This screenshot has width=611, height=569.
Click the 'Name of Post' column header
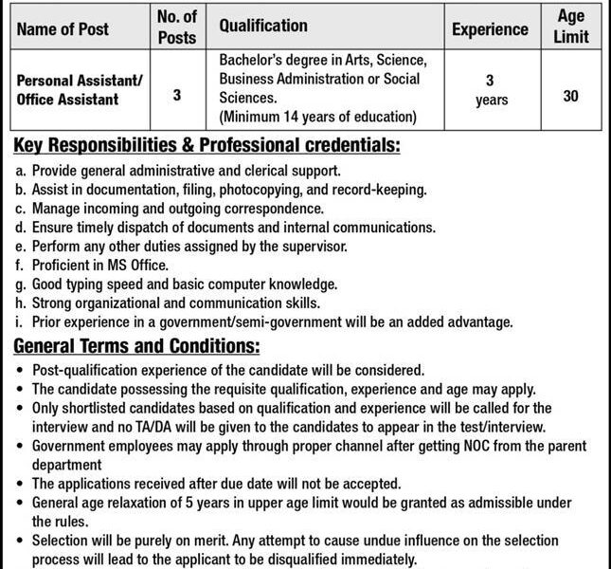63,28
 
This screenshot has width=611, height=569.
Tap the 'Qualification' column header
263,27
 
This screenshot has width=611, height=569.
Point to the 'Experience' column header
491,28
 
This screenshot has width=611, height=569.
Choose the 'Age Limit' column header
571,26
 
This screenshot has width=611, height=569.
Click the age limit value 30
570,95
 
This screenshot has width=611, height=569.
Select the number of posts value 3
177,95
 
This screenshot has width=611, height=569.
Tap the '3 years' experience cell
491,90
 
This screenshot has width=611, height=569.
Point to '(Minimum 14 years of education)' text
317,118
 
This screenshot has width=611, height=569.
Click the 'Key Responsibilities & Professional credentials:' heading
207,147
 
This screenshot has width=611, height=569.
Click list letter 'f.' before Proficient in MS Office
21,265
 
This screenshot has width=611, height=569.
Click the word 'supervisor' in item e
314,247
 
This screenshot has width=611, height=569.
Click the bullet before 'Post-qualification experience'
21,369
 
